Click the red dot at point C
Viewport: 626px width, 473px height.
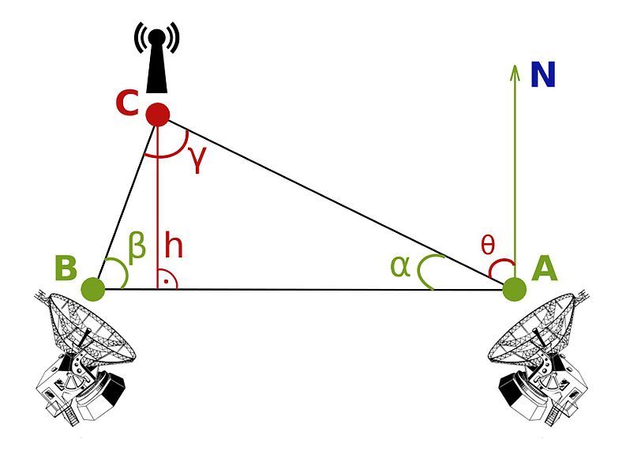pyautogui.click(x=158, y=114)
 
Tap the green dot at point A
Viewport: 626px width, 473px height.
pyautogui.click(x=514, y=289)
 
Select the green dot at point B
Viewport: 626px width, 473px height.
pyautogui.click(x=93, y=289)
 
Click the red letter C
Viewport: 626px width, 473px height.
pyautogui.click(x=127, y=103)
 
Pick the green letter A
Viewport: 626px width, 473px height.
pyautogui.click(x=545, y=269)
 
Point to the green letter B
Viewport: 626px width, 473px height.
pyautogui.click(x=66, y=268)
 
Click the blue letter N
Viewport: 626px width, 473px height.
pyautogui.click(x=543, y=75)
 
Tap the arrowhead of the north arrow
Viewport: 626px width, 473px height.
pyautogui.click(x=515, y=71)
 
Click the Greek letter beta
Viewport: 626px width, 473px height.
pyautogui.click(x=137, y=246)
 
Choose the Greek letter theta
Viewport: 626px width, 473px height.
pyautogui.click(x=488, y=246)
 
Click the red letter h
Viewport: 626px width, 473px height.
pyautogui.click(x=174, y=246)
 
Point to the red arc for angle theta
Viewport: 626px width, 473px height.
pyautogui.click(x=497, y=268)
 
